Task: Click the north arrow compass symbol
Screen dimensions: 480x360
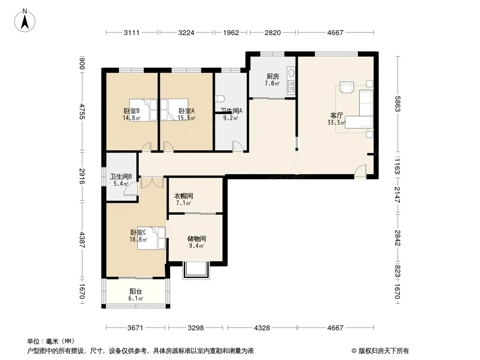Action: (25, 21)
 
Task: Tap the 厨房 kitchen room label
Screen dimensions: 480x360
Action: (272, 76)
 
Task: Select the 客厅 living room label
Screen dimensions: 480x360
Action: (336, 115)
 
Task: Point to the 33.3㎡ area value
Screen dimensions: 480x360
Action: (336, 123)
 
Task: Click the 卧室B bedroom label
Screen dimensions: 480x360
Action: (131, 111)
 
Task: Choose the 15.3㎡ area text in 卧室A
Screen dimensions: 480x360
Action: (186, 118)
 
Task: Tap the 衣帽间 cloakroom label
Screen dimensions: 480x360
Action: (184, 196)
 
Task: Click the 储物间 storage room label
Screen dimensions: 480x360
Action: (196, 238)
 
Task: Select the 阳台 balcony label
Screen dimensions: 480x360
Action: (136, 292)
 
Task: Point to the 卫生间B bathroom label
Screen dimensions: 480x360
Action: (121, 176)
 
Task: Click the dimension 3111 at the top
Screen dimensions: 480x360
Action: (131, 32)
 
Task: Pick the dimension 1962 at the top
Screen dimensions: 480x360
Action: (231, 32)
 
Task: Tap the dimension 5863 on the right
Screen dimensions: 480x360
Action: (397, 104)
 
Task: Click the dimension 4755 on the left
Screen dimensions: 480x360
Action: (82, 111)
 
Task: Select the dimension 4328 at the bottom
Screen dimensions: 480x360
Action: (262, 328)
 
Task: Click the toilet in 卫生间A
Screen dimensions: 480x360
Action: (220, 99)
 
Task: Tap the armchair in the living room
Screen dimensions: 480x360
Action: (347, 87)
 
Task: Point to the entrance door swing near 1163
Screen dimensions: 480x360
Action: (361, 171)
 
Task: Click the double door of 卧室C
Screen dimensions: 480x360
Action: (152, 183)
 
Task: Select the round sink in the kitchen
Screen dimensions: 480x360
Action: (291, 73)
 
